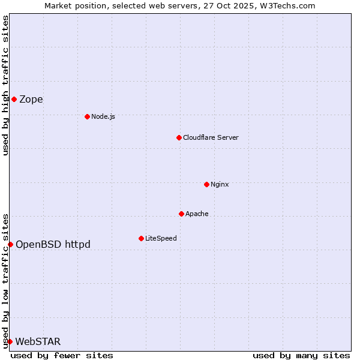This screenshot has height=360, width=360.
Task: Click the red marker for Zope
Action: pyautogui.click(x=14, y=99)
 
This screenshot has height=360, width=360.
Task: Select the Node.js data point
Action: pyautogui.click(x=87, y=116)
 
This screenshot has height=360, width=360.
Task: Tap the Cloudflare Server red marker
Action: pyautogui.click(x=179, y=137)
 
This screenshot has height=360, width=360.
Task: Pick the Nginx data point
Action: pyautogui.click(x=206, y=184)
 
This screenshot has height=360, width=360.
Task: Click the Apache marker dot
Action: pyautogui.click(x=181, y=214)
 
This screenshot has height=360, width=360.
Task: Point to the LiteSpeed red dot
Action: pyautogui.click(x=141, y=238)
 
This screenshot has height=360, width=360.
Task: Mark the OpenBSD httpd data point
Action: pyautogui.click(x=10, y=244)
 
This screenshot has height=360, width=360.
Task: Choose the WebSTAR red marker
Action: pyautogui.click(x=10, y=341)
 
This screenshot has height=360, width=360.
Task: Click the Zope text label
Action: pyautogui.click(x=31, y=100)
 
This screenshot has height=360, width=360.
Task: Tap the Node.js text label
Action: pyautogui.click(x=103, y=116)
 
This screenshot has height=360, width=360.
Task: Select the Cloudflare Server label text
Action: pyautogui.click(x=211, y=137)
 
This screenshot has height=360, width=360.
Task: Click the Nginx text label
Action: pyautogui.click(x=220, y=184)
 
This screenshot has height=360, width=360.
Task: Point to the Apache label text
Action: pyautogui.click(x=197, y=214)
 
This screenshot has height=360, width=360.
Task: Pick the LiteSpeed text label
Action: pyautogui.click(x=161, y=238)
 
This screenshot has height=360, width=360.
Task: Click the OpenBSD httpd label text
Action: pyautogui.click(x=53, y=244)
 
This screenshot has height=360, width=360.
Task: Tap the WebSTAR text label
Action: pyautogui.click(x=38, y=342)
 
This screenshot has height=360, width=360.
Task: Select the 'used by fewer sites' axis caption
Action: pyautogui.click(x=62, y=355)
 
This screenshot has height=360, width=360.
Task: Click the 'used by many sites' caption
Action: pyautogui.click(x=301, y=355)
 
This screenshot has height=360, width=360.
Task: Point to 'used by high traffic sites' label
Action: pyautogui.click(x=5, y=85)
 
